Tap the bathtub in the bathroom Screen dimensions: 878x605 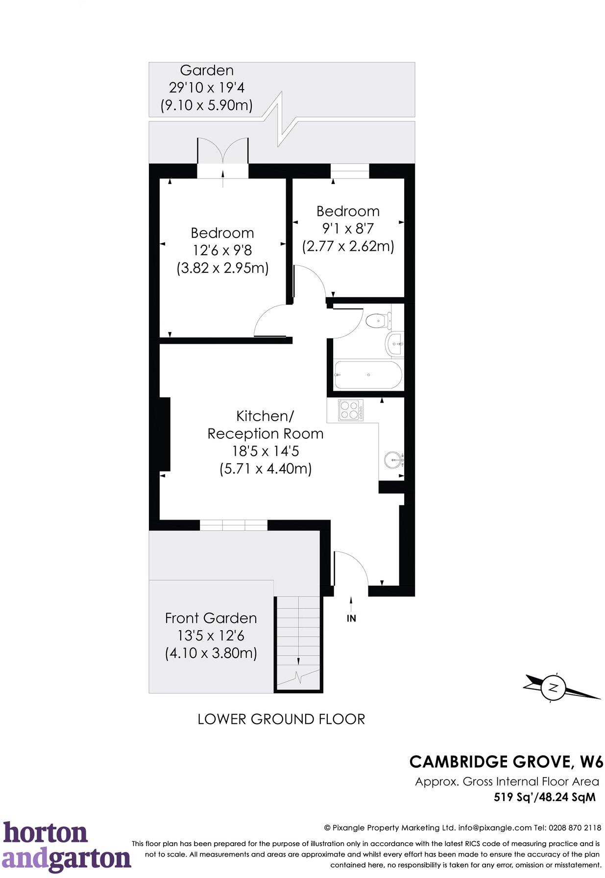[367, 375]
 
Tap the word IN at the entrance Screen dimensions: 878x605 [351, 618]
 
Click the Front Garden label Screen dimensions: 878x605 [211, 618]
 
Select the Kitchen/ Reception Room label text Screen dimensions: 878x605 [265, 425]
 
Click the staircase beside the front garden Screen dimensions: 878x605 [298, 641]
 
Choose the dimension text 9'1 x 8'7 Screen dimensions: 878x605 [348, 229]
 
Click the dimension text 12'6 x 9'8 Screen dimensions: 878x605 [222, 250]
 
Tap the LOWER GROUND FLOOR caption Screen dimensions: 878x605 [281, 719]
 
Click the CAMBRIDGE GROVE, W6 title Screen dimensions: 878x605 [506, 762]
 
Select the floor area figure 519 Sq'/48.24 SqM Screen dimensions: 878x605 [545, 797]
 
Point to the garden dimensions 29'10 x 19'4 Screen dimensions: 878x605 [207, 88]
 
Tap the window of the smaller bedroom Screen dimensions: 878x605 [350, 171]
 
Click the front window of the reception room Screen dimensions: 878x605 [234, 525]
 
